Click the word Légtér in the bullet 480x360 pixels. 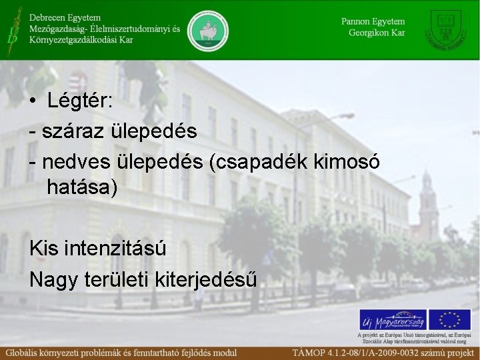[x=80, y=102]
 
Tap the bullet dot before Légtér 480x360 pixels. [x=33, y=103]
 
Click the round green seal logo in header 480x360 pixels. [x=208, y=30]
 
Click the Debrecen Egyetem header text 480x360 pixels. [x=64, y=16]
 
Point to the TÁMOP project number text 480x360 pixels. [x=385, y=352]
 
